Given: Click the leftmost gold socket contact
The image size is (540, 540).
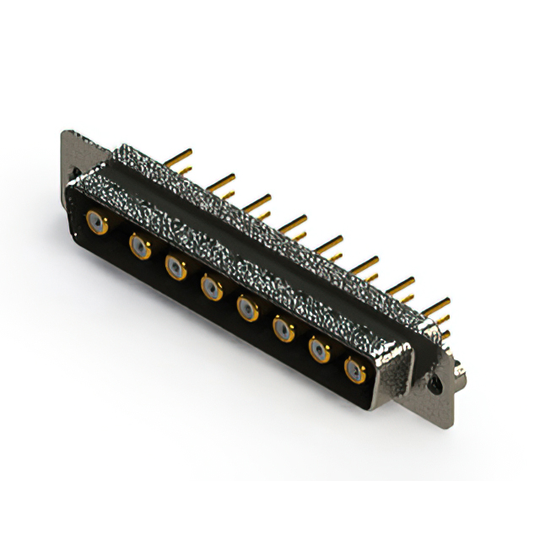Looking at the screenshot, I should click(99, 224).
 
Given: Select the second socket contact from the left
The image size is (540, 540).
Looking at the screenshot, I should click(139, 246).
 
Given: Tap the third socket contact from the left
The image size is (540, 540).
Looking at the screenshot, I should click(175, 268).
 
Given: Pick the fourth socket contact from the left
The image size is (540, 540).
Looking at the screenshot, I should click(212, 289).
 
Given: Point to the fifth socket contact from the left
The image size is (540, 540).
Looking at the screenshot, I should click(248, 310).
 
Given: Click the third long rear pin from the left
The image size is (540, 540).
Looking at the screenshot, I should click(258, 201).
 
